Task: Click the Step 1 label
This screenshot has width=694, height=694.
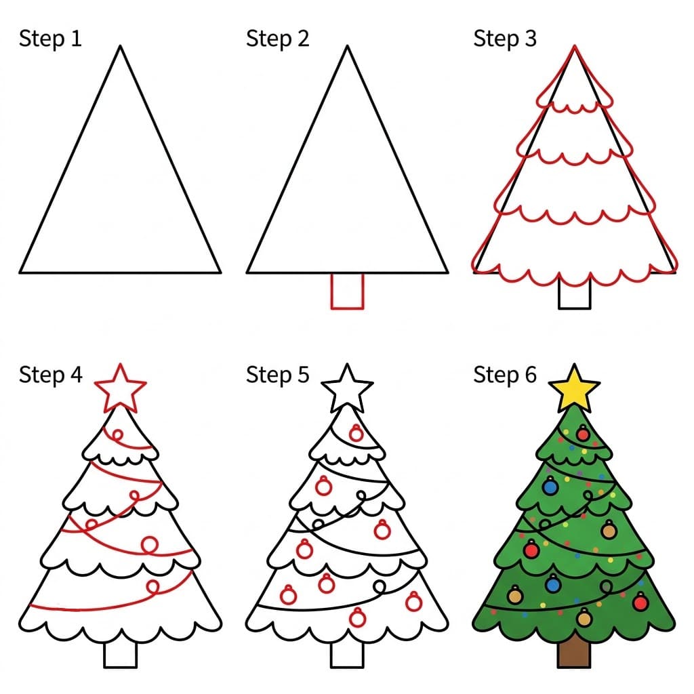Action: [x=50, y=39]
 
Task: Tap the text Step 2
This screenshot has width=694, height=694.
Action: [x=277, y=39]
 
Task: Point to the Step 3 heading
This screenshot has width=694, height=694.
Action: [x=505, y=39]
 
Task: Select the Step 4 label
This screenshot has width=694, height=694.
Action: [x=50, y=374]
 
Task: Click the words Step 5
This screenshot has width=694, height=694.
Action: [x=277, y=374]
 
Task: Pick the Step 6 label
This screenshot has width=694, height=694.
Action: [x=505, y=374]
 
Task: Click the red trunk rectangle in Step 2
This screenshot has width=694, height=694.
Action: [x=347, y=291]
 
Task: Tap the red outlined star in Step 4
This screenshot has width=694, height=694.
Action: [x=120, y=389]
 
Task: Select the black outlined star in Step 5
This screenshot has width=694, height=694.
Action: [x=347, y=389]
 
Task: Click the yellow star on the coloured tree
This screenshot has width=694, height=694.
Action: [x=575, y=389]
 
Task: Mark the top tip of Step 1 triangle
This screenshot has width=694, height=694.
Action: [x=120, y=46]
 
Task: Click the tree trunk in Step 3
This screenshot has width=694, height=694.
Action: [x=575, y=294]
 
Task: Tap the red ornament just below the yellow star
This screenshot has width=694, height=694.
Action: [x=583, y=433]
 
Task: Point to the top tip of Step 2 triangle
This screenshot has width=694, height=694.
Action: [x=347, y=46]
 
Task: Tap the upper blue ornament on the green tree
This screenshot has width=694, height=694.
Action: [x=550, y=486]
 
